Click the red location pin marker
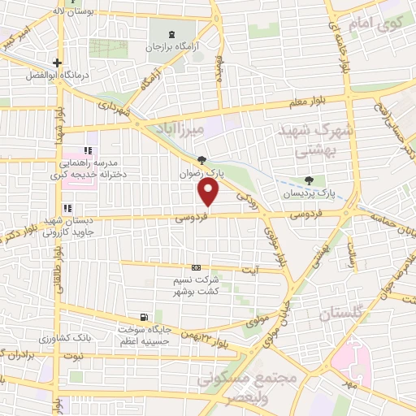coord(209,193)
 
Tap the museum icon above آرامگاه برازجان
coord(171,34)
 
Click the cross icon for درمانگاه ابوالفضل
coord(56,63)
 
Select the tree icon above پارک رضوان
coord(201,159)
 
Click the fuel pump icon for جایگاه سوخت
coord(144,317)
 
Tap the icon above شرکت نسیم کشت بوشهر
coord(195,267)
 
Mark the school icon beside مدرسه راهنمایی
coord(89,151)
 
